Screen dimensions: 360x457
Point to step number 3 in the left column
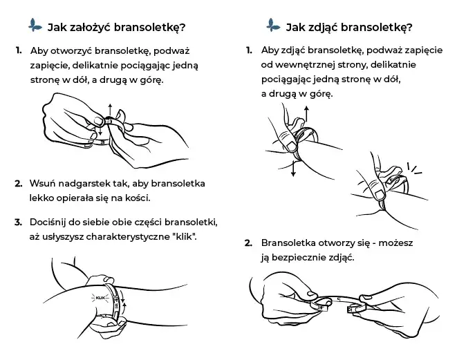tap(18, 222)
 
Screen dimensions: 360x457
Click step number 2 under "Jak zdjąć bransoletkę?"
tap(248, 243)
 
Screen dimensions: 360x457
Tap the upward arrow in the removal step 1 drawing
tap(304, 113)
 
